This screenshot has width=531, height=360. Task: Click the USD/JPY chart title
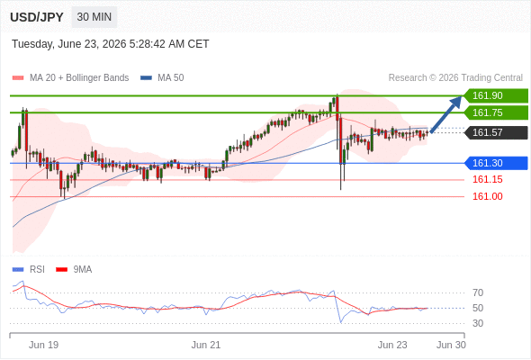tap(37, 17)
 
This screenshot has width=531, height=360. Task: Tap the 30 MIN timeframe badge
tap(94, 17)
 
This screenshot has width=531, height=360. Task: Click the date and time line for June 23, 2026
tap(111, 44)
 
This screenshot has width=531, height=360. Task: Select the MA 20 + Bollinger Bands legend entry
tap(70, 78)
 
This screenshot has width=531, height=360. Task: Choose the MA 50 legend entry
tap(162, 78)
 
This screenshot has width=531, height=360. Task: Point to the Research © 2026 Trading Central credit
tap(455, 78)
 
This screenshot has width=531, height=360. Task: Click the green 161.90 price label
tap(496, 95)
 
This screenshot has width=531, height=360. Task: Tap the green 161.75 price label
tap(496, 112)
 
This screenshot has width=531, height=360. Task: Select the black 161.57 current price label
tap(496, 132)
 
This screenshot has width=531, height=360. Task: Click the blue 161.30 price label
tap(496, 163)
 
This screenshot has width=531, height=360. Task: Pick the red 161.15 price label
tap(487, 179)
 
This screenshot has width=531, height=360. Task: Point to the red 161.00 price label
tap(487, 196)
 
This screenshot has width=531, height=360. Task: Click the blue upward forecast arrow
tap(446, 114)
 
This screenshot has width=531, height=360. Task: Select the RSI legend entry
tap(29, 270)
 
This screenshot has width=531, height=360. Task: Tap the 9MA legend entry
tap(74, 270)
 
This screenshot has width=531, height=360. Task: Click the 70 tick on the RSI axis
tap(478, 292)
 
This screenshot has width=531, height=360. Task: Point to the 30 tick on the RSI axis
tap(478, 323)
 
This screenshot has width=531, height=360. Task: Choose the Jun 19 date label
tap(44, 345)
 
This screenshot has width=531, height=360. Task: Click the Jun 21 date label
tap(206, 345)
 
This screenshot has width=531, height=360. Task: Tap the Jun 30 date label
tap(451, 345)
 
